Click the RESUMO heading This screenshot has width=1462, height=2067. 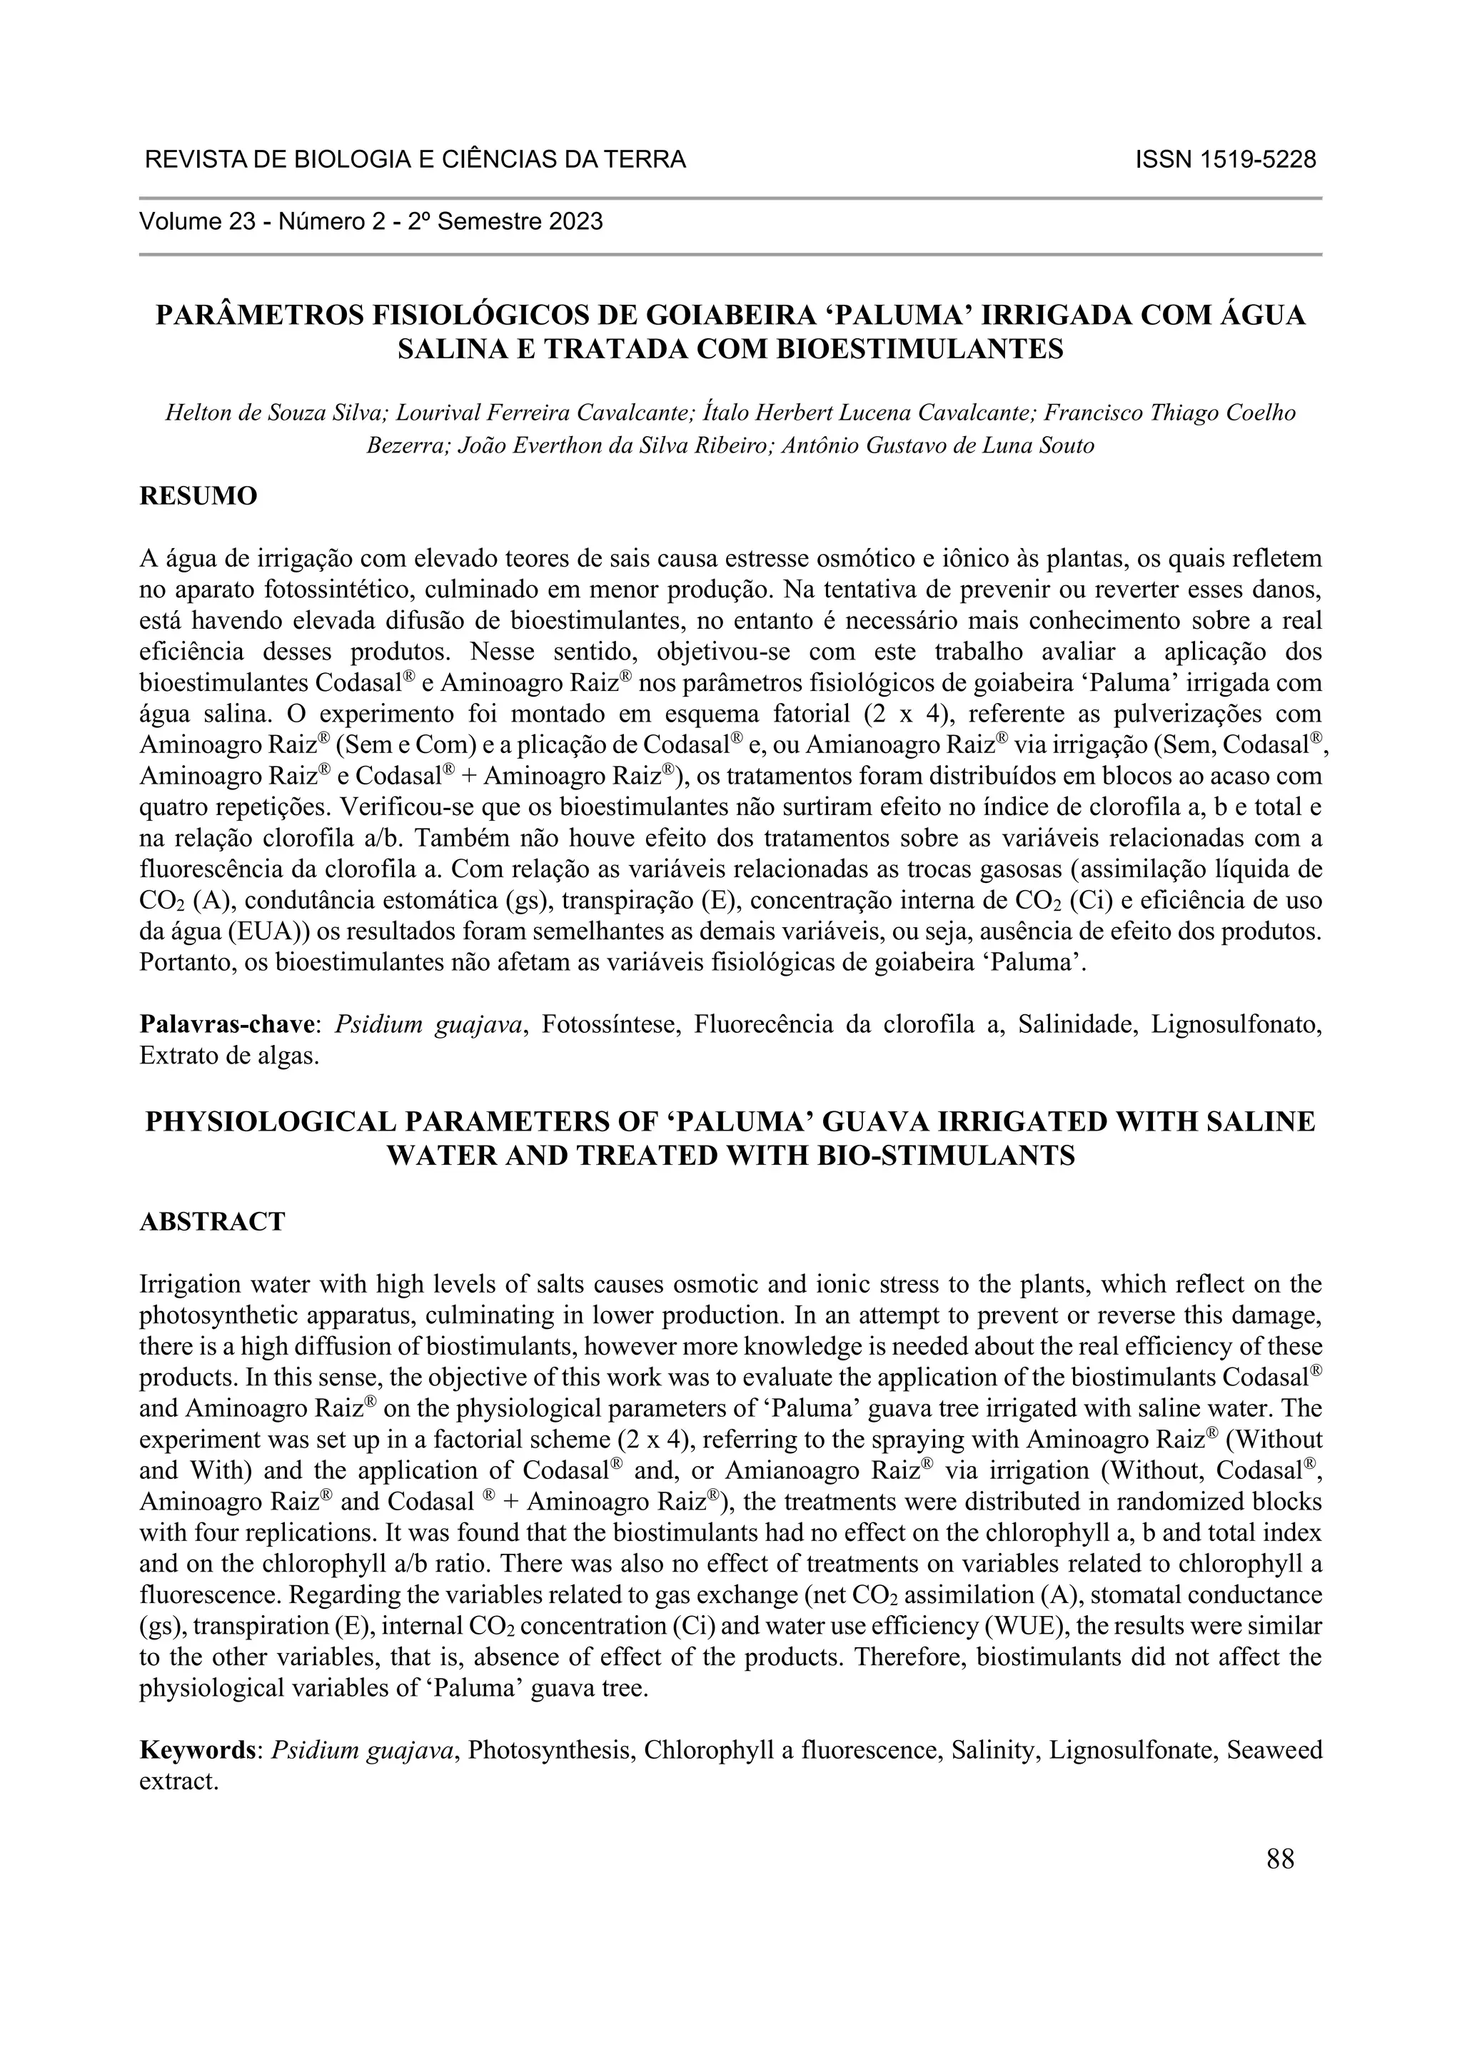click(x=198, y=496)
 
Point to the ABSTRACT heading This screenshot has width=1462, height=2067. click(x=213, y=1222)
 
